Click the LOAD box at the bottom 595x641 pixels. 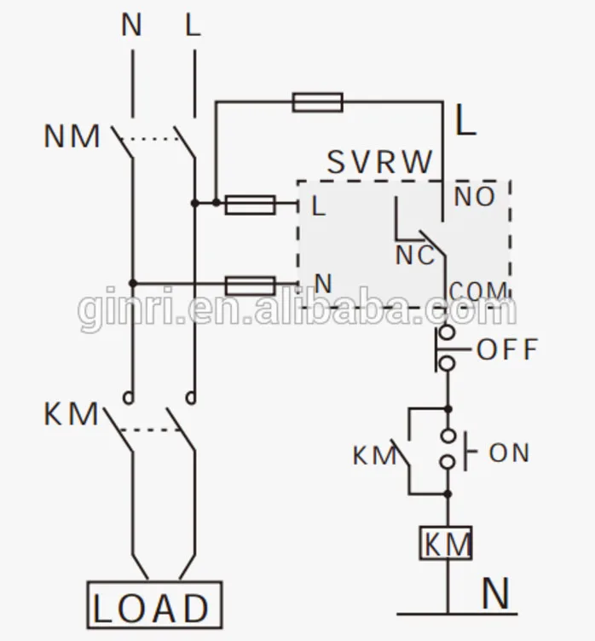(154, 606)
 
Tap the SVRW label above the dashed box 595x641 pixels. (380, 162)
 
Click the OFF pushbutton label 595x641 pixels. (508, 349)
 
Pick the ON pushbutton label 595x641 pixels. (509, 453)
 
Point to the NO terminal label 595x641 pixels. (475, 197)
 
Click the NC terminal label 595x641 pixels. (414, 255)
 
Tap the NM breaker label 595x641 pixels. (72, 136)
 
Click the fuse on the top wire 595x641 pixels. (317, 103)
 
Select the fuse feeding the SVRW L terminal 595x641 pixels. (250, 204)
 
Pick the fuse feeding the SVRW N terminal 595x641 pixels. (250, 284)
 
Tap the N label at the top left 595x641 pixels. (131, 26)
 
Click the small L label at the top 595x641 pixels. (194, 26)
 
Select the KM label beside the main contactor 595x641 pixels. (72, 414)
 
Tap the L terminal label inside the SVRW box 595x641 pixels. (319, 205)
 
